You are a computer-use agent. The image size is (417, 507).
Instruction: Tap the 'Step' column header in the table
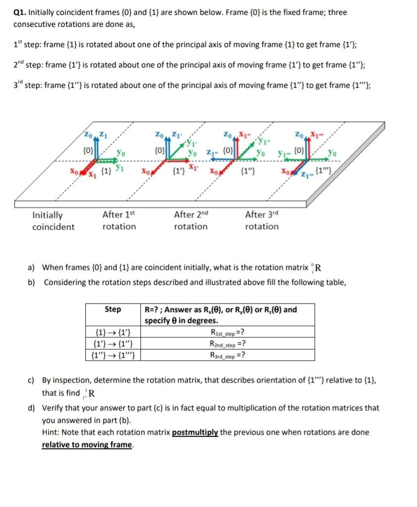pyautogui.click(x=113, y=309)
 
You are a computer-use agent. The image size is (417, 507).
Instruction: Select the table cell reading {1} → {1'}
pyautogui.click(x=112, y=333)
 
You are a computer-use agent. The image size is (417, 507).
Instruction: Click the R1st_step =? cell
pyautogui.click(x=227, y=333)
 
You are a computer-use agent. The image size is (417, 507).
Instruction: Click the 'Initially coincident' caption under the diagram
pyautogui.click(x=53, y=221)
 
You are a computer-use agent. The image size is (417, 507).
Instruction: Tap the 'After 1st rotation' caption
pyautogui.click(x=119, y=220)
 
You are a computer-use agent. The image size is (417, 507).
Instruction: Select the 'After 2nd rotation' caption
pyautogui.click(x=191, y=220)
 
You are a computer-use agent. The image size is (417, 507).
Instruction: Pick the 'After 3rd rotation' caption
pyautogui.click(x=262, y=220)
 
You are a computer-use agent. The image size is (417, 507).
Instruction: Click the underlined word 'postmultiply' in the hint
pyautogui.click(x=195, y=432)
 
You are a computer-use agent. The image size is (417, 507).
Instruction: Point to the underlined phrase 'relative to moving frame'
pyautogui.click(x=87, y=444)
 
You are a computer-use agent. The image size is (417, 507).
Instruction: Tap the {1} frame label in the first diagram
pyautogui.click(x=105, y=172)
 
